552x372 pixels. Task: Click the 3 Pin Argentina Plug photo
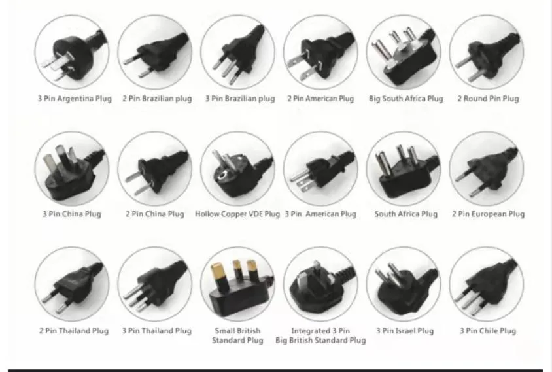[x=72, y=52]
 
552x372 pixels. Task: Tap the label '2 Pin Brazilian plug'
[x=157, y=99]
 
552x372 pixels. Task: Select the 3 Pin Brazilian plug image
[x=237, y=52]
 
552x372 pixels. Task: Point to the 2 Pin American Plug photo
[x=320, y=52]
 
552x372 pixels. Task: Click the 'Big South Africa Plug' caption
[x=405, y=99]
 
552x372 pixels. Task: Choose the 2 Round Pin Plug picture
[x=487, y=52]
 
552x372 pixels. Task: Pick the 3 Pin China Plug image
[x=72, y=169]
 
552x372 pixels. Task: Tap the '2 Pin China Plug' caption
[x=155, y=214]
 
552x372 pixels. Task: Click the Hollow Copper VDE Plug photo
[x=237, y=169]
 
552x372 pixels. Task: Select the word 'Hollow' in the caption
[x=209, y=214]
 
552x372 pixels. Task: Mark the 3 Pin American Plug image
[x=320, y=169]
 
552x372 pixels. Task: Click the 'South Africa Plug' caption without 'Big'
[x=405, y=214]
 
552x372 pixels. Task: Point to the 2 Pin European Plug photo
[x=487, y=169]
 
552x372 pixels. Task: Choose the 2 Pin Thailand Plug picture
[x=72, y=284]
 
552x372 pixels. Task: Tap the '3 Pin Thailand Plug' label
[x=156, y=331]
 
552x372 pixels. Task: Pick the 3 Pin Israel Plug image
[x=404, y=284]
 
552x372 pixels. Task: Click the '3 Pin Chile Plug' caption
[x=487, y=331]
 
